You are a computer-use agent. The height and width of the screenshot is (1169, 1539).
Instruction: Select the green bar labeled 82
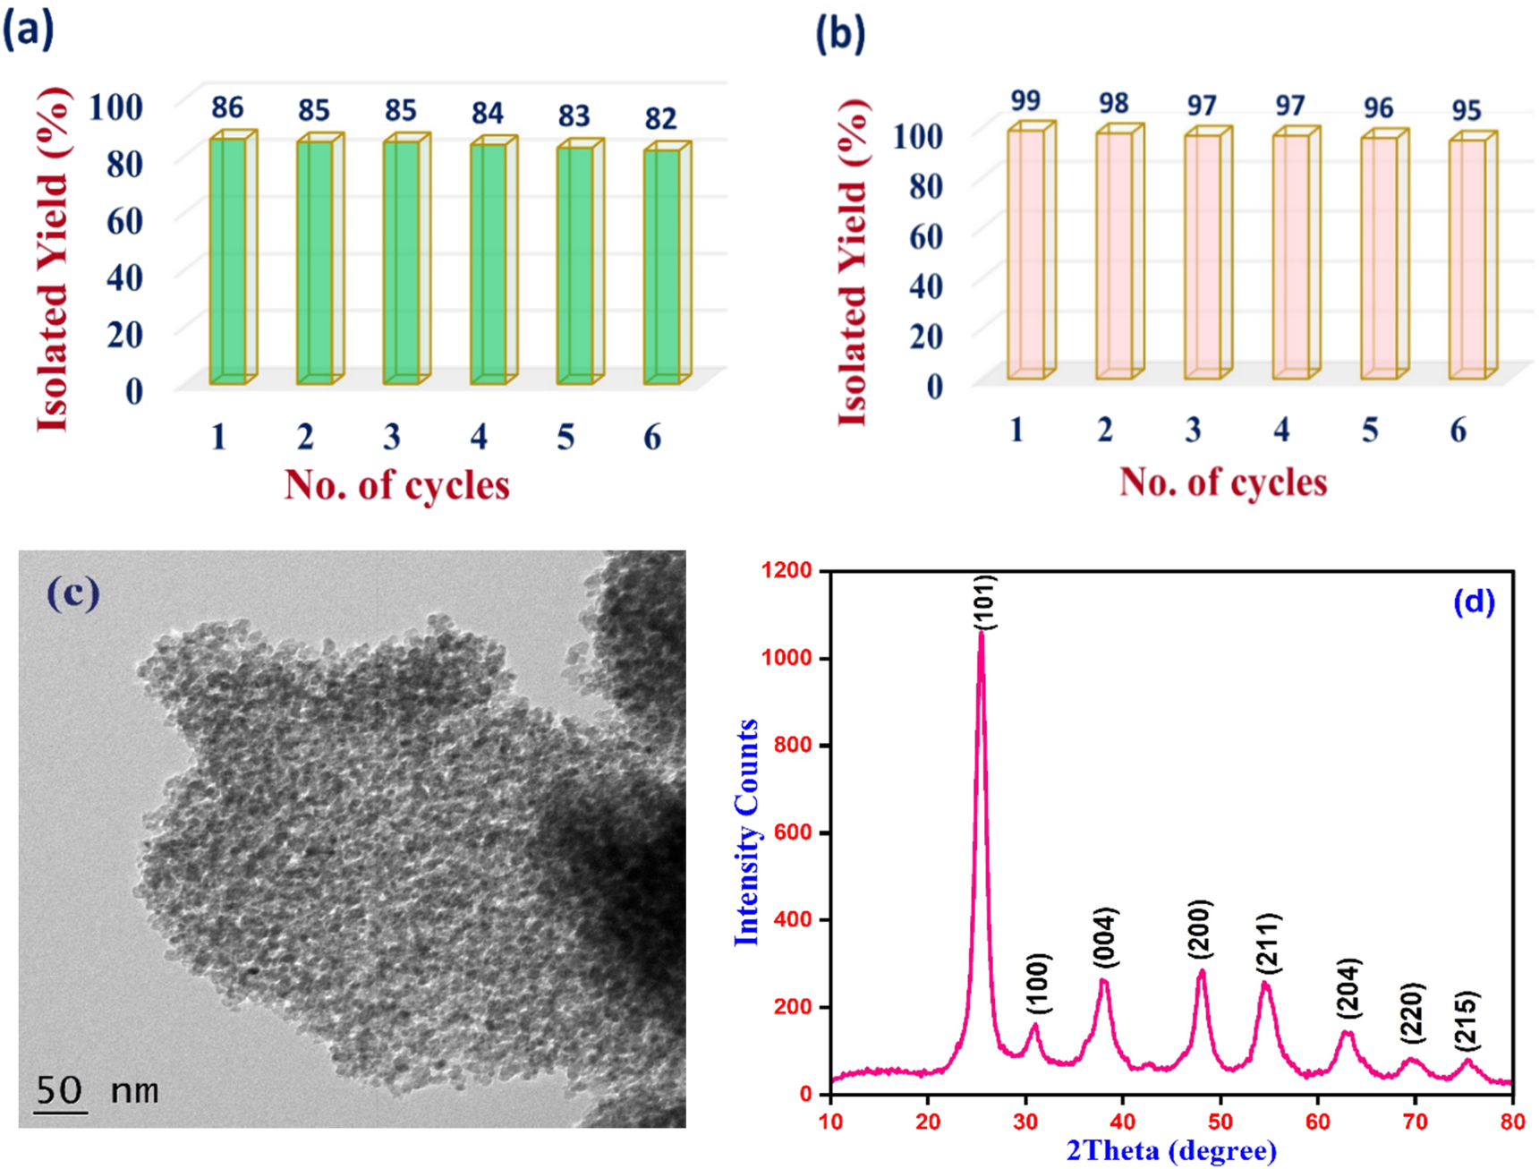662,267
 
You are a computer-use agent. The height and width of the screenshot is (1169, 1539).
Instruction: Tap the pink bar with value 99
1026,254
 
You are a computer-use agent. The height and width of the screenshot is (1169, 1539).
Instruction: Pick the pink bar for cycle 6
1468,260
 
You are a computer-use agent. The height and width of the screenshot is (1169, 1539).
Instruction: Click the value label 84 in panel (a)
488,114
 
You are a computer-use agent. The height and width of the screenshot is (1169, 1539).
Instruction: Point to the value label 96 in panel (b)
1378,108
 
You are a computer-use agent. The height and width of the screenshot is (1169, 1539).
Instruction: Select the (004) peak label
1106,937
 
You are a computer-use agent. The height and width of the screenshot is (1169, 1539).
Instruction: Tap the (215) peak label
1467,1020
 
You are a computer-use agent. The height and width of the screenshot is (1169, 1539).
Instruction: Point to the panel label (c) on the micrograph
73,593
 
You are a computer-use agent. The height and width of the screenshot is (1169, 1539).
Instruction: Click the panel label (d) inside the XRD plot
1474,602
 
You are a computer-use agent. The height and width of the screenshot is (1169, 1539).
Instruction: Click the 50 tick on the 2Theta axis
1220,1122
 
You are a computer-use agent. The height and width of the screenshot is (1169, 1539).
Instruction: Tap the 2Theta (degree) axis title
1171,1150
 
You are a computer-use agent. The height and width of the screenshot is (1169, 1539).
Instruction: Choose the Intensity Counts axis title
746,832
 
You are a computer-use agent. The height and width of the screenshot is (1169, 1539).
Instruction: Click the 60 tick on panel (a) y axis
124,220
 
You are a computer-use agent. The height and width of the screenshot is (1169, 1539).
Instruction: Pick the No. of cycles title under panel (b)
1223,482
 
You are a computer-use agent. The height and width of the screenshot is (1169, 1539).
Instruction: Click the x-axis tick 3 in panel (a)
392,437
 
